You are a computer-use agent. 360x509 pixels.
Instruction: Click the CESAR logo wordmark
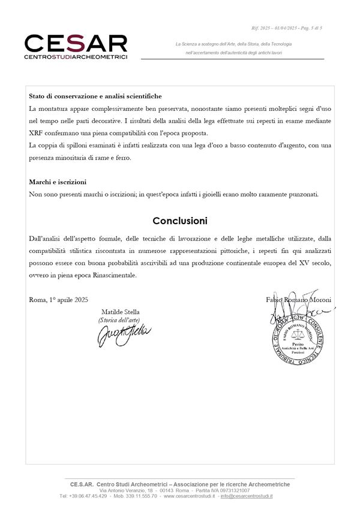point(76,43)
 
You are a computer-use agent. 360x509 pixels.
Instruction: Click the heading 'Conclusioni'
point(179,221)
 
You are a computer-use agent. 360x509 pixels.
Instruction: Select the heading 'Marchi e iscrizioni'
point(58,182)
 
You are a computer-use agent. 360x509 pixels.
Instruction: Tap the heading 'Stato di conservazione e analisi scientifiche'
point(95,96)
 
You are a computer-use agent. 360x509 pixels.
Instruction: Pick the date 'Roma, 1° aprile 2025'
point(58,300)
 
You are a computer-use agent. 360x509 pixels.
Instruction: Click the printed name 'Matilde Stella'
point(120,312)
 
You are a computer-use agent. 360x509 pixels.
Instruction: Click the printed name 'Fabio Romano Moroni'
point(298,300)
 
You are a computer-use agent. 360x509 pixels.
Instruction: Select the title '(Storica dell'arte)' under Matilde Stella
point(119,321)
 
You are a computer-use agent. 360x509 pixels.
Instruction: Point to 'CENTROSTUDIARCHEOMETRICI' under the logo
point(76,57)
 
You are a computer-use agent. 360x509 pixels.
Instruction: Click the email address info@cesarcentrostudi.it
point(246,496)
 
